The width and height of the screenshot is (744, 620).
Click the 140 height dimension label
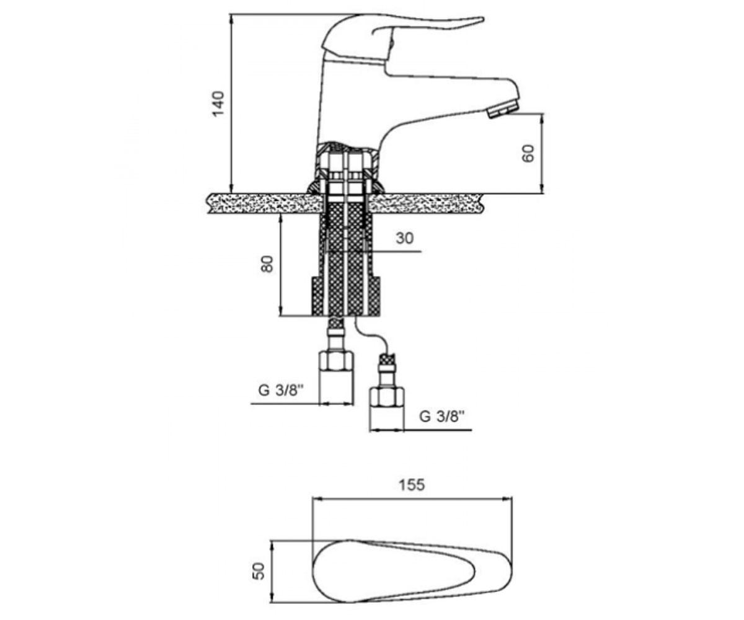(218, 104)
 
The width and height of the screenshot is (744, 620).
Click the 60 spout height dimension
(528, 154)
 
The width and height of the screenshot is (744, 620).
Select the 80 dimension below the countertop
(267, 264)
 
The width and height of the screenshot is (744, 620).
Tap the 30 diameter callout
(404, 238)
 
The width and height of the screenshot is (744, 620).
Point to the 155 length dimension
(412, 485)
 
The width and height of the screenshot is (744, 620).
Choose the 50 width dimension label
(260, 571)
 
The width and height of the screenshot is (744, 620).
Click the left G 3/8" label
(280, 391)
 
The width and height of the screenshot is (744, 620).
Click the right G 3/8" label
(442, 416)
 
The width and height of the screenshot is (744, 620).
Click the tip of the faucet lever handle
(483, 19)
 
